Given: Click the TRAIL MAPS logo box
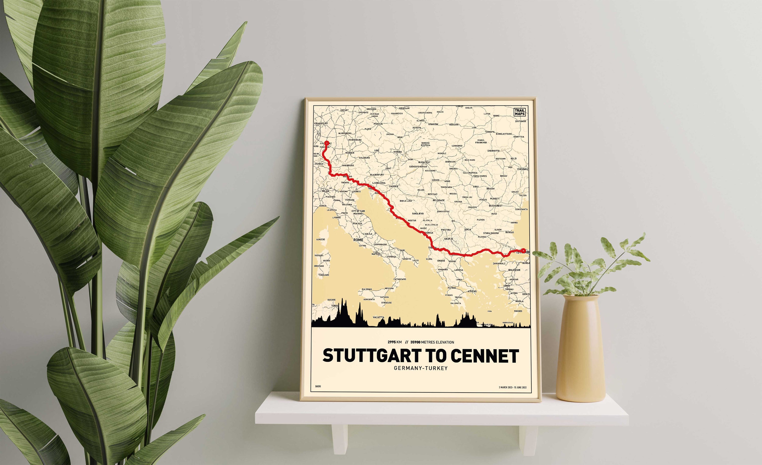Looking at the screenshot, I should [519, 112].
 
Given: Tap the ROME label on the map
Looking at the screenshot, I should [358, 240].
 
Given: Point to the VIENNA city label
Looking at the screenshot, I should [398, 152].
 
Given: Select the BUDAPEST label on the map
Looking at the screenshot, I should [424, 162].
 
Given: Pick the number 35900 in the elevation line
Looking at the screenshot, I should [415, 342].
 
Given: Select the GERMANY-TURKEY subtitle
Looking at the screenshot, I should [421, 368].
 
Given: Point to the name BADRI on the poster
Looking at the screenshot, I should [318, 386].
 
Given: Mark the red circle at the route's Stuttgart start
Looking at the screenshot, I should [326, 143].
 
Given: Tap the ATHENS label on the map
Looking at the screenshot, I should [472, 291].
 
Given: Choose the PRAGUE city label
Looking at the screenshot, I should [378, 124].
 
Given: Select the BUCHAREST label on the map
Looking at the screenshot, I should [495, 205].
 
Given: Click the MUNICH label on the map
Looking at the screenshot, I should [350, 153].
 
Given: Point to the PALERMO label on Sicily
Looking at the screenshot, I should [367, 289].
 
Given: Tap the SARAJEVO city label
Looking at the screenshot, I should [418, 213].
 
